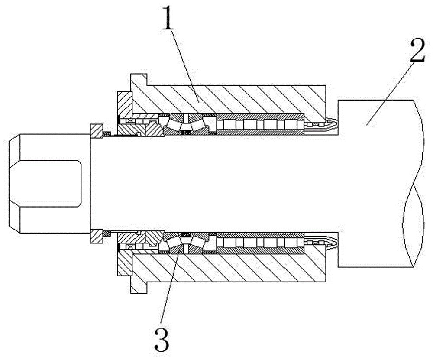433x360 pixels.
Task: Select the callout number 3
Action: coord(162,339)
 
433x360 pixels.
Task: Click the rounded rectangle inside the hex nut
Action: coord(51,183)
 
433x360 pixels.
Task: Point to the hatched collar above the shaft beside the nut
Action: coord(97,131)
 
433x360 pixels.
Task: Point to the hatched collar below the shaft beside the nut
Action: coord(97,236)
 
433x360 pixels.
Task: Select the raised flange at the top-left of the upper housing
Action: coord(139,80)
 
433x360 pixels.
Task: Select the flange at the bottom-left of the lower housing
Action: coord(139,287)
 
